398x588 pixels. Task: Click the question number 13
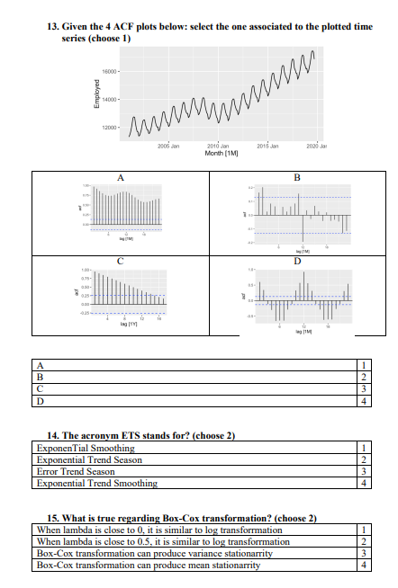(x=51, y=27)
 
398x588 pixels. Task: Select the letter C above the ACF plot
(x=122, y=259)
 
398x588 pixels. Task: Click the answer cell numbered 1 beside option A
(x=361, y=365)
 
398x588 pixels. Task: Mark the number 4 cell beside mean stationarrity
(x=361, y=566)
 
